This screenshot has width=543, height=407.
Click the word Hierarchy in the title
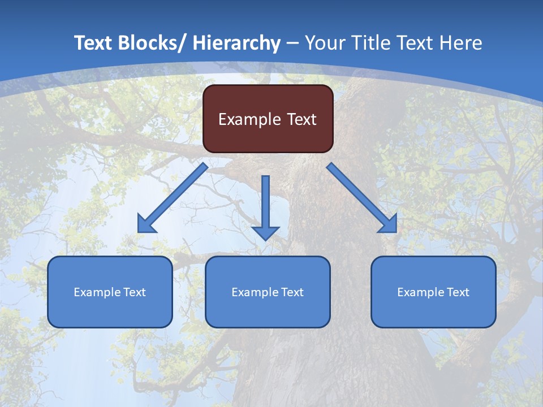[x=236, y=43]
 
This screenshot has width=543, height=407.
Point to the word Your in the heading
[x=324, y=43]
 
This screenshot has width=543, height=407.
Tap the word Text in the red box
[x=301, y=119]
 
